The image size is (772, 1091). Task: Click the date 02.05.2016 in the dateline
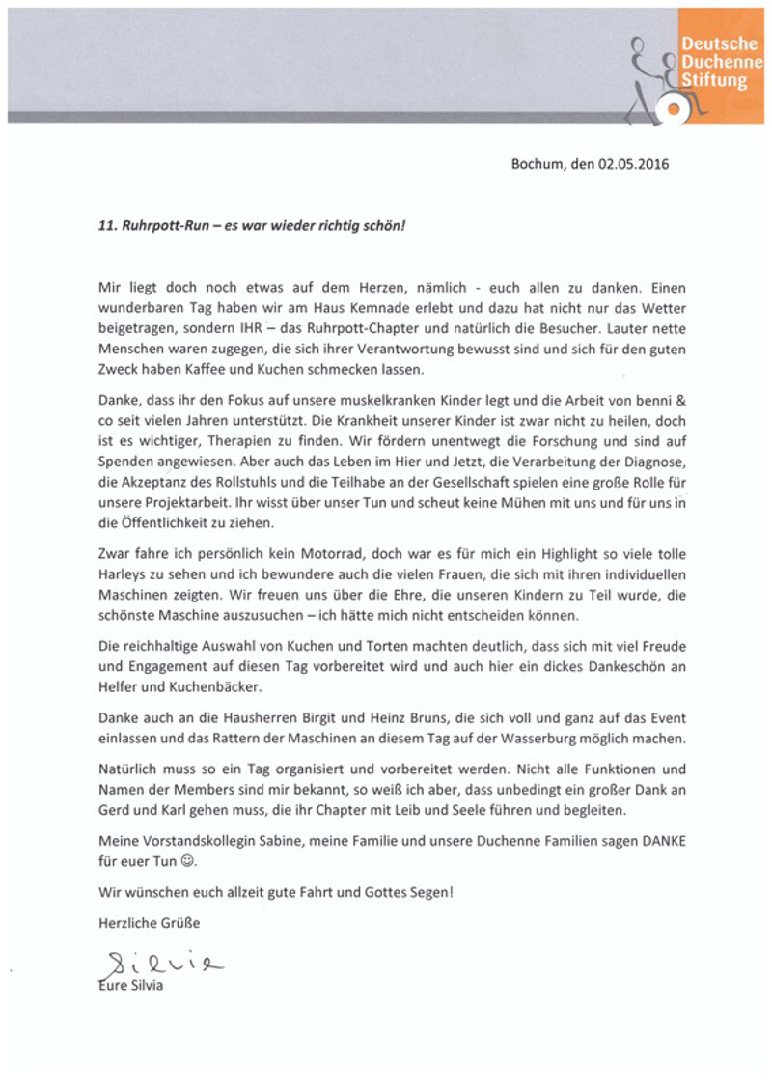tap(633, 164)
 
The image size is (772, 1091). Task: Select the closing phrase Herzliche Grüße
tap(150, 923)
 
